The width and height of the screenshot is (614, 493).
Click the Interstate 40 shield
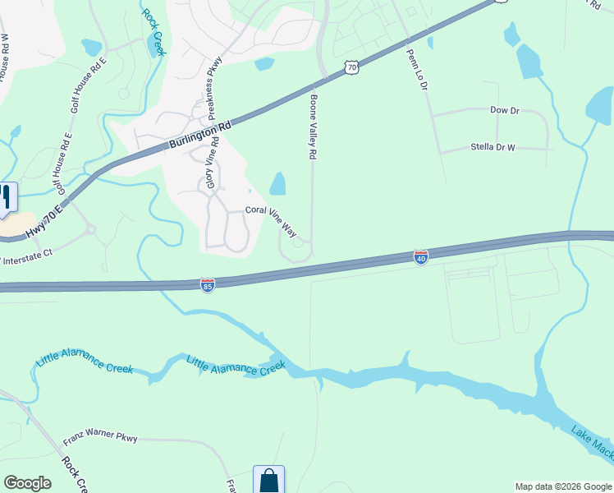coord(421,258)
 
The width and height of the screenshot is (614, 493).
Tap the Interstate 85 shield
coord(208,284)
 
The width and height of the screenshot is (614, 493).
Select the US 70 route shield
coord(351,67)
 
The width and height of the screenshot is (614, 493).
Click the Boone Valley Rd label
coord(312,126)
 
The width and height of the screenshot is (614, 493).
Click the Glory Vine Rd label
coord(213,163)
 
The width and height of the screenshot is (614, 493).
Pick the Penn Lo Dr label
coord(418,69)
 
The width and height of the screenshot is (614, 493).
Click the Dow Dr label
coord(505,109)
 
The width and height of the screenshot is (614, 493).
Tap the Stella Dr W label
coord(493,148)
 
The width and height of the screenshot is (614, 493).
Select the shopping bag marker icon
coord(268,480)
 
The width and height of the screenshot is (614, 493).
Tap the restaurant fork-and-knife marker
coord(5,197)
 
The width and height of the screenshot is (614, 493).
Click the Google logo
coord(27,483)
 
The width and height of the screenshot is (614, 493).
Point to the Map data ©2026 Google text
coord(562,486)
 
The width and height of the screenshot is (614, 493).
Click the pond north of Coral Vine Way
coord(277,183)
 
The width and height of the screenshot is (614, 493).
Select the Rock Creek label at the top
coord(154,31)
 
